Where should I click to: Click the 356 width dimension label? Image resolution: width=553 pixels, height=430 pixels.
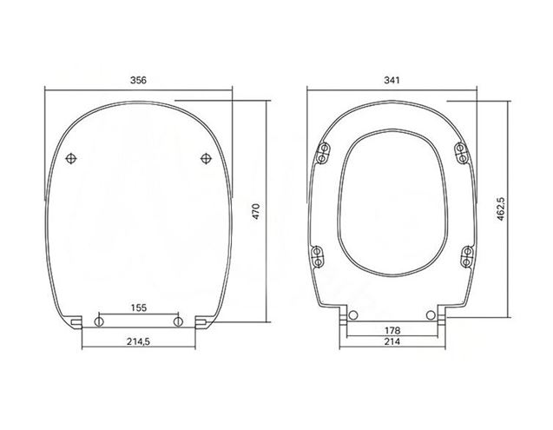pyautogui.click(x=138, y=80)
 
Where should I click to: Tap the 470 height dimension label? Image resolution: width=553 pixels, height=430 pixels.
pyautogui.click(x=256, y=211)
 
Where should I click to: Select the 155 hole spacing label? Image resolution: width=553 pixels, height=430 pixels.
pyautogui.click(x=139, y=308)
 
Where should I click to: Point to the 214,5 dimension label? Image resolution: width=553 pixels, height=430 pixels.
pyautogui.click(x=138, y=341)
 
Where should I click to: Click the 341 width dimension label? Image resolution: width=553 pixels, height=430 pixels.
pyautogui.click(x=392, y=80)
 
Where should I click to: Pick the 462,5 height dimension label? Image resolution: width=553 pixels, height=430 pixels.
pyautogui.click(x=501, y=209)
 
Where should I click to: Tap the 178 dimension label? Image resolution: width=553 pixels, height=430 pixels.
pyautogui.click(x=392, y=330)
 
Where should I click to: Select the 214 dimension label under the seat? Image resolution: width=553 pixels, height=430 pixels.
pyautogui.click(x=392, y=341)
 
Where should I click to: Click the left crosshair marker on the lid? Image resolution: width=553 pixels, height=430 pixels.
pyautogui.click(x=71, y=158)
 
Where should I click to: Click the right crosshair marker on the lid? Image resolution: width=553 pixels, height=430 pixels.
pyautogui.click(x=206, y=158)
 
